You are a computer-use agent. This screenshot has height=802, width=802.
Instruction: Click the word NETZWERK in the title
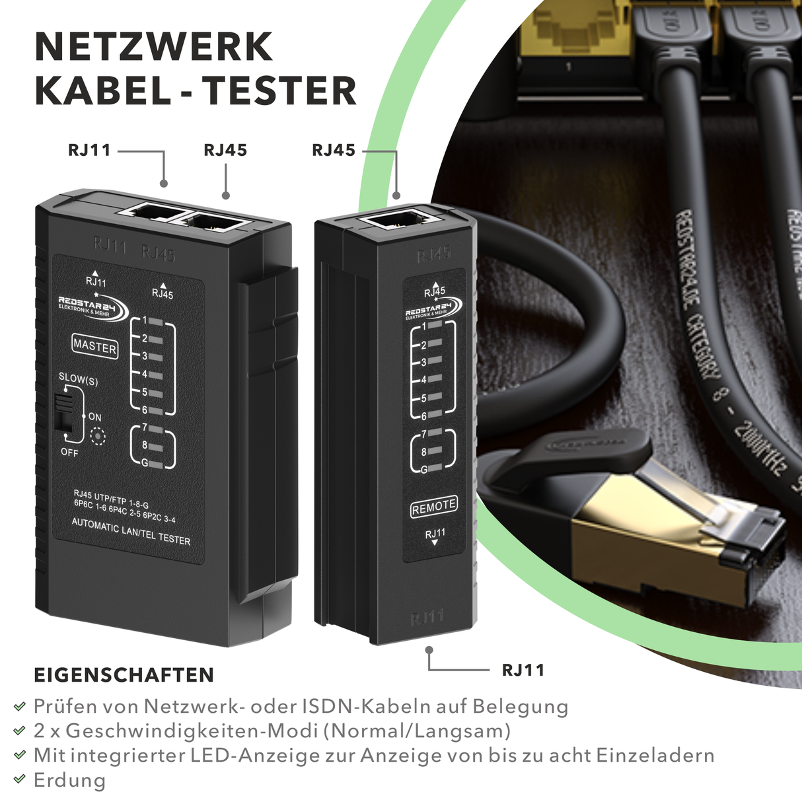coord(153,47)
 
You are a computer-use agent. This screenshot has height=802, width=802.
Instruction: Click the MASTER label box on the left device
coord(95,346)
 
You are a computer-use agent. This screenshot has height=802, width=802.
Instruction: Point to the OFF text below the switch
coord(69,453)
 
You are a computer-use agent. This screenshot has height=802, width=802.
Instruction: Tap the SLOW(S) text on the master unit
coord(78,379)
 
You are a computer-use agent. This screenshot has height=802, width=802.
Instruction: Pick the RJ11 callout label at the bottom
coord(523,670)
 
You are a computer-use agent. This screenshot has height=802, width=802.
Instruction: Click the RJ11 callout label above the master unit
coord(89,150)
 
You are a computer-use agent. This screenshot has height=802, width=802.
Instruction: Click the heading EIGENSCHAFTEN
coord(124,675)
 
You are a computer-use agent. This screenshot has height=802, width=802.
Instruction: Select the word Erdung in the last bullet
coord(69,780)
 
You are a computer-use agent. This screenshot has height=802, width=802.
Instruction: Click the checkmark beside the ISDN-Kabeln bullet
coord(20,707)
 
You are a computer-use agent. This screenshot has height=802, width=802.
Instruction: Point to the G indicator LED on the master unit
coord(156,464)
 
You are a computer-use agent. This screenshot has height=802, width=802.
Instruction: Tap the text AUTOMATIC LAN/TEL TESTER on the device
coord(131,531)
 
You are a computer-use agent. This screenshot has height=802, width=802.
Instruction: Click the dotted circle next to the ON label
coord(98,437)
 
